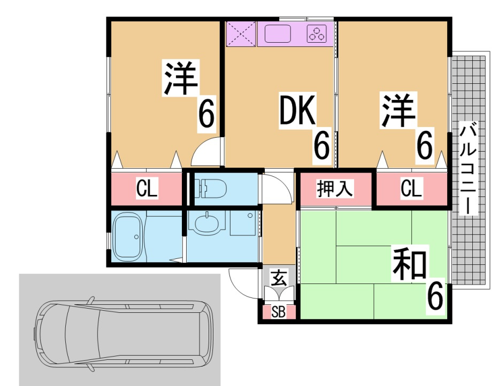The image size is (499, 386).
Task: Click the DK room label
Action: (298, 112)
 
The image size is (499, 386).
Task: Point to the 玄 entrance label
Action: (278, 278)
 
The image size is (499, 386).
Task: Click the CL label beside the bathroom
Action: (147, 188)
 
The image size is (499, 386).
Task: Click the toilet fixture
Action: (211, 188)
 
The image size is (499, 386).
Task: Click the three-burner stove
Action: (317, 34)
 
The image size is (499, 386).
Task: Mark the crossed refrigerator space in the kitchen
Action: (240, 34)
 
